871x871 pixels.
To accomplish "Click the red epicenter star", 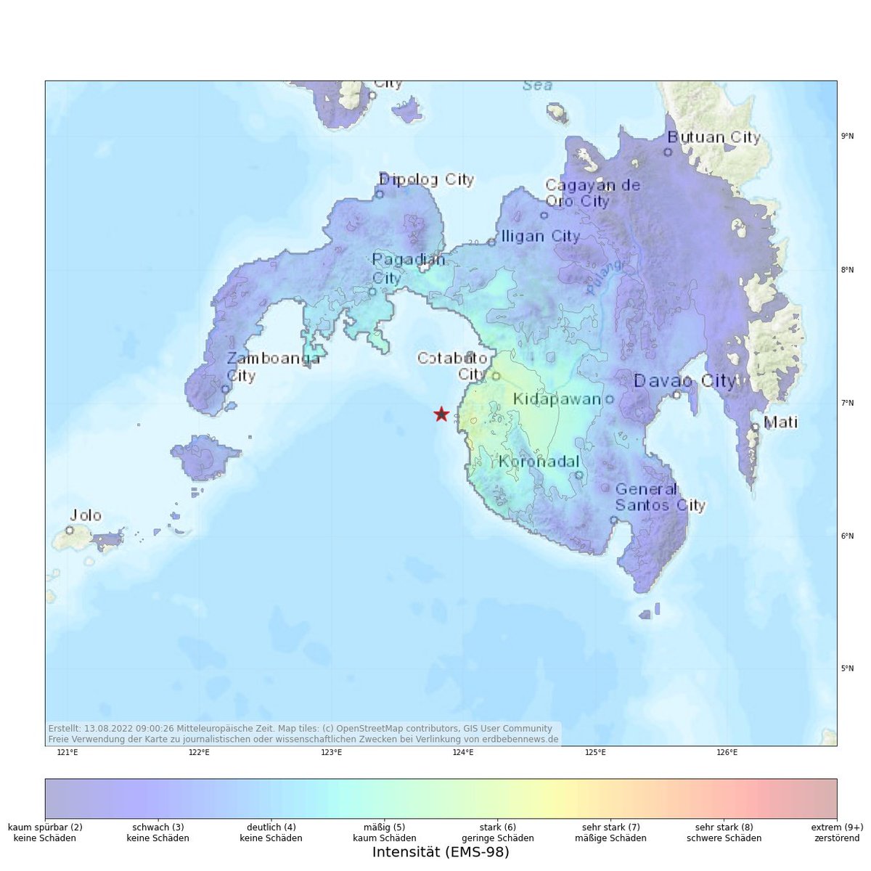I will [441, 414].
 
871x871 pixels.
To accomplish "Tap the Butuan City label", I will [713, 137].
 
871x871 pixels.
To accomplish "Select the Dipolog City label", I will [427, 179].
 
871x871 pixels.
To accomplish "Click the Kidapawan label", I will [557, 399].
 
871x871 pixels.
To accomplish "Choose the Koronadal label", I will [539, 462].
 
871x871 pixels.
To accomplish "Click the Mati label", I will [781, 422].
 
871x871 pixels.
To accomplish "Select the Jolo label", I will [85, 516].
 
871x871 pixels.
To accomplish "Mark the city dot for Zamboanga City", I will [226, 389].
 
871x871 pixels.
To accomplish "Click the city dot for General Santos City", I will [613, 520].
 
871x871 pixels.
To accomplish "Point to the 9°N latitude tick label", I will [847, 136].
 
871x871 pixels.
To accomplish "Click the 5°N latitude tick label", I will [847, 668].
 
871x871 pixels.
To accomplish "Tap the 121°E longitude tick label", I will [68, 753].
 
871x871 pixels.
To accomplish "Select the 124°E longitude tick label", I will [463, 753].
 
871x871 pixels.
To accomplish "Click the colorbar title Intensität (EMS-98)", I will [441, 852].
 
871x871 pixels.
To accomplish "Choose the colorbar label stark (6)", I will [498, 827].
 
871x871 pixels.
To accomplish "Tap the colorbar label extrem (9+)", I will [837, 827].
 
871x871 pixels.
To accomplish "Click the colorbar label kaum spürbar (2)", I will [45, 827].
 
